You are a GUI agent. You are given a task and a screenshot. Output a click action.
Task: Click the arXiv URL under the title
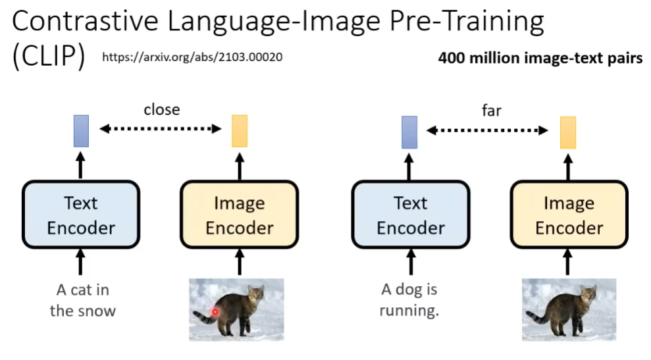(192, 57)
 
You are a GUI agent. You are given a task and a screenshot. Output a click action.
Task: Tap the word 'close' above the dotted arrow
(162, 110)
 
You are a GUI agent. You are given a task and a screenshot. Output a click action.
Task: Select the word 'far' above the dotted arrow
(492, 111)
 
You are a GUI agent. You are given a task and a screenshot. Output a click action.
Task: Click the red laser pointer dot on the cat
(215, 311)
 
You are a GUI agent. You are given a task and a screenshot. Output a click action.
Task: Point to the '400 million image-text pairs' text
(540, 58)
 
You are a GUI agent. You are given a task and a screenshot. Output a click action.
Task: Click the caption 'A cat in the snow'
(83, 300)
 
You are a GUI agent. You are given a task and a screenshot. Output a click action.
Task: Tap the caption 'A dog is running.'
(409, 299)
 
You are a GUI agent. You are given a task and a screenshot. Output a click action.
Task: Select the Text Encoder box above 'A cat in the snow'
(81, 215)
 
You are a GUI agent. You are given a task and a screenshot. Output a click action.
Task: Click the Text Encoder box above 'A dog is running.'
(411, 215)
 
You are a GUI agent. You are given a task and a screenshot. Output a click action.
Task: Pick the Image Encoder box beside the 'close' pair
(240, 215)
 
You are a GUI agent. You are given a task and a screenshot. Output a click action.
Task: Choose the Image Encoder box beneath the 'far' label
(569, 215)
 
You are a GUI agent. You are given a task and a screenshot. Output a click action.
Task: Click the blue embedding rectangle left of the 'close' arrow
(81, 131)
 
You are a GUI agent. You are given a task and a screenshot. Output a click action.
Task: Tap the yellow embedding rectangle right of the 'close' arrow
(240, 131)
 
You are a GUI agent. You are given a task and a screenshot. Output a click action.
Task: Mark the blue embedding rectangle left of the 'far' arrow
(409, 132)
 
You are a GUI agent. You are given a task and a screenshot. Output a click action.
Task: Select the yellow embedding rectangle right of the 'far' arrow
(568, 132)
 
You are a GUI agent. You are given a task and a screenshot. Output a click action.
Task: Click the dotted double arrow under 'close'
(160, 129)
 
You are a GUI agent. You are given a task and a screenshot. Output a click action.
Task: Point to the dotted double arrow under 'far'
(487, 130)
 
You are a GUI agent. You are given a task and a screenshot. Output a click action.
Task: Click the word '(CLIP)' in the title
(49, 56)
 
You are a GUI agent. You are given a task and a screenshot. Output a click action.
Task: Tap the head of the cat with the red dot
(256, 293)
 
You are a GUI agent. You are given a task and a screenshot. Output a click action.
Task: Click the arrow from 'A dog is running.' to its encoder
(411, 262)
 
